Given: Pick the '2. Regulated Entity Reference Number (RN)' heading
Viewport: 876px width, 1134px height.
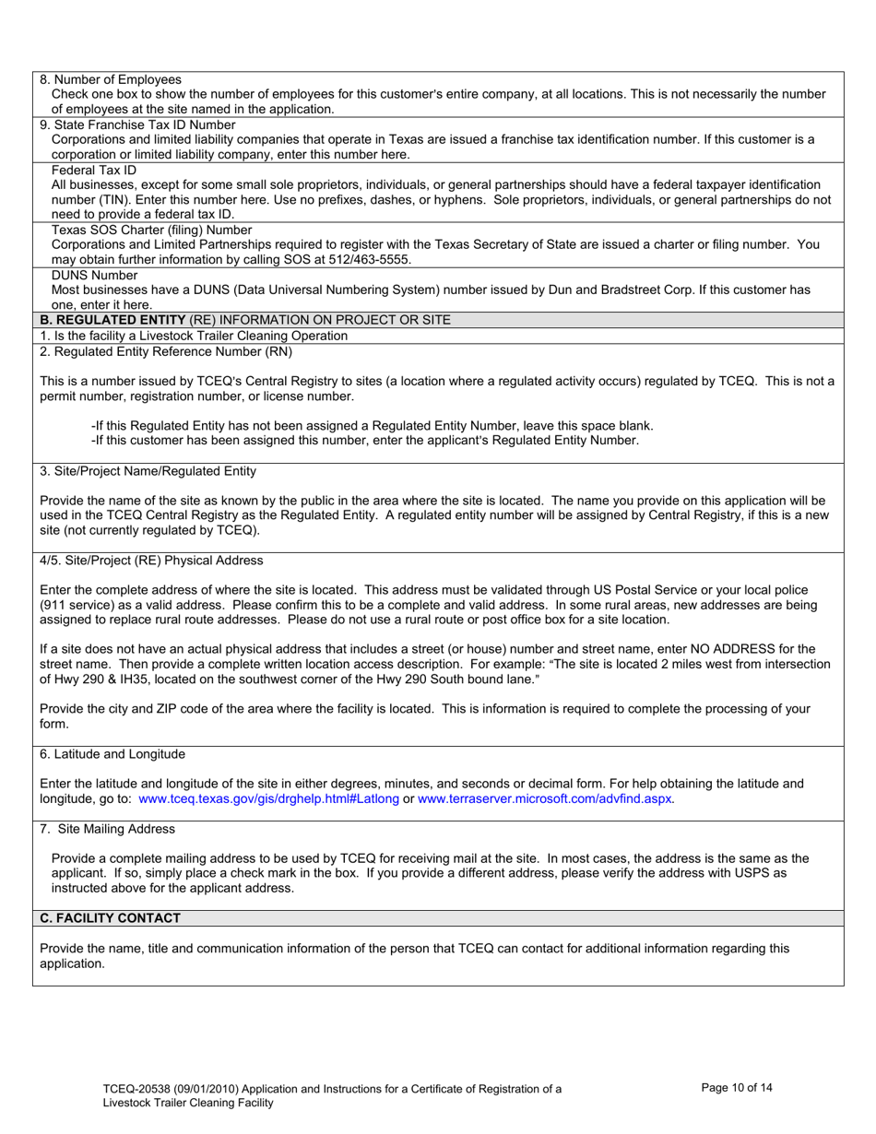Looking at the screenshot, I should pos(154,351).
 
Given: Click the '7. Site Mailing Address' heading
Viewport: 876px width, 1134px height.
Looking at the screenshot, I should pos(107,829).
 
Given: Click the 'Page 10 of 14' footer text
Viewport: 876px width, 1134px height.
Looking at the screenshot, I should pos(737,1088).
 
